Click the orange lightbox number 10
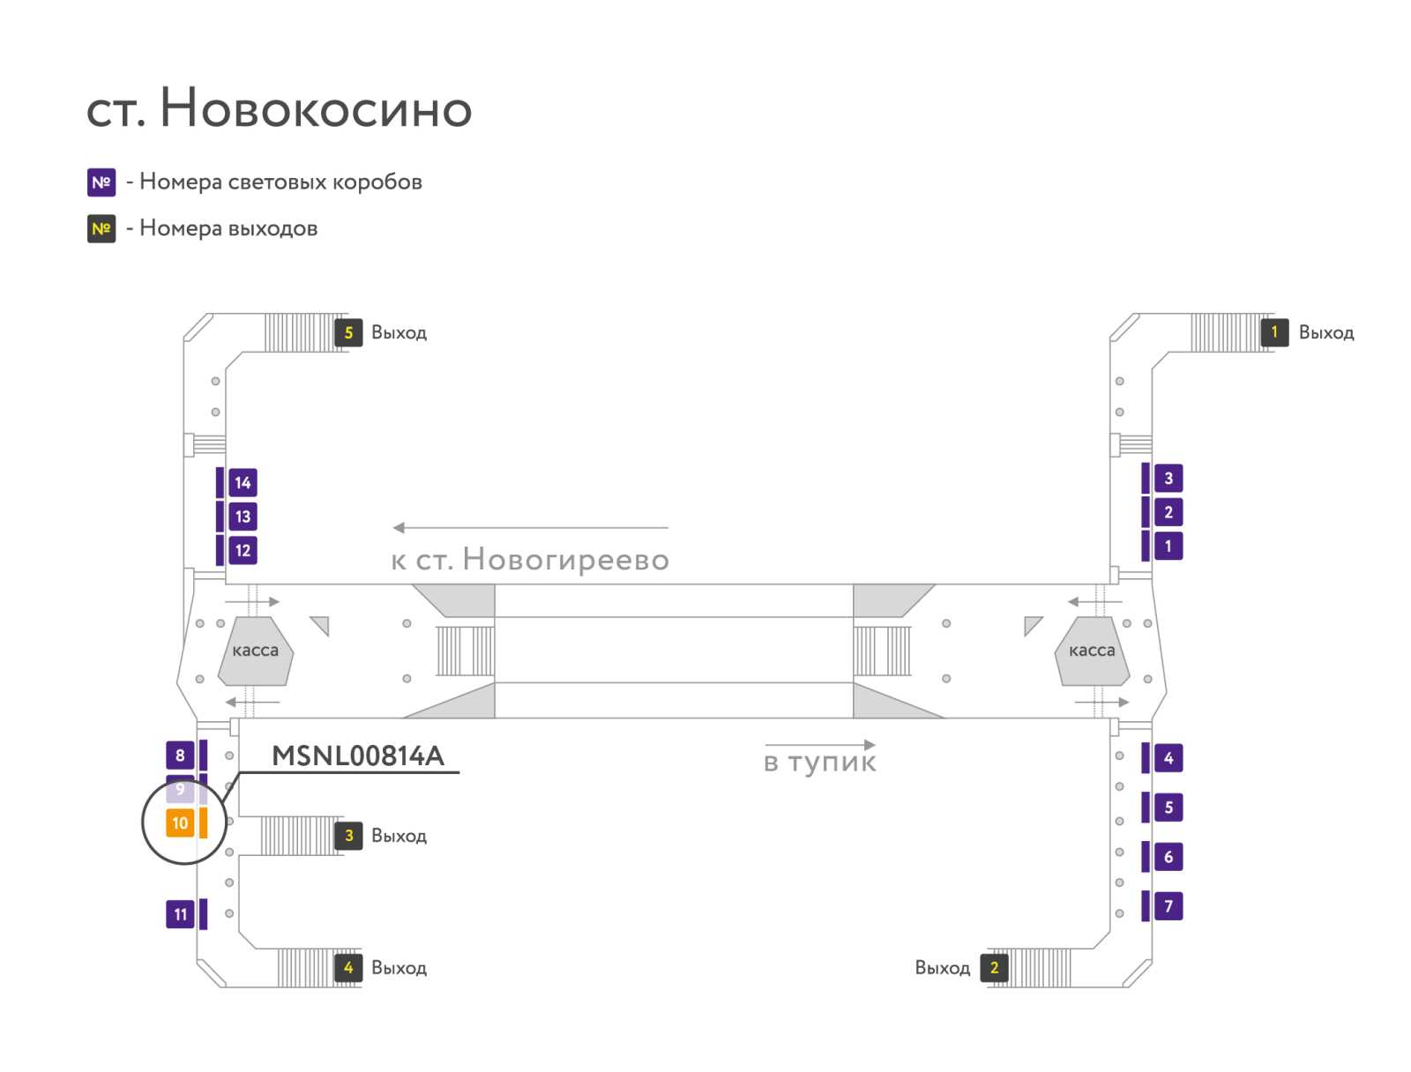(x=179, y=823)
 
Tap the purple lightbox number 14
(x=243, y=482)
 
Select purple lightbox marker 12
(x=243, y=550)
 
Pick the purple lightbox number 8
(x=179, y=755)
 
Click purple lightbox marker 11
(x=179, y=913)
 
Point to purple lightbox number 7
(x=1168, y=905)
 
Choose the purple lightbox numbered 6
(x=1168, y=856)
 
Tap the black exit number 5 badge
(x=348, y=332)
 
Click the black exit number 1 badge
(x=1274, y=332)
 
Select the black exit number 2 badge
(x=994, y=967)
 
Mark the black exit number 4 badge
(x=348, y=967)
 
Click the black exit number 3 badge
(x=348, y=836)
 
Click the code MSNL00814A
(x=358, y=756)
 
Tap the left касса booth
(x=255, y=651)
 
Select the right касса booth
(x=1092, y=651)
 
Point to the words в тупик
(x=819, y=763)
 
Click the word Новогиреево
(x=565, y=560)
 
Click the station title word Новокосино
(x=316, y=108)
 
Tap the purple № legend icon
(x=101, y=182)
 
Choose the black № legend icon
(x=101, y=228)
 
